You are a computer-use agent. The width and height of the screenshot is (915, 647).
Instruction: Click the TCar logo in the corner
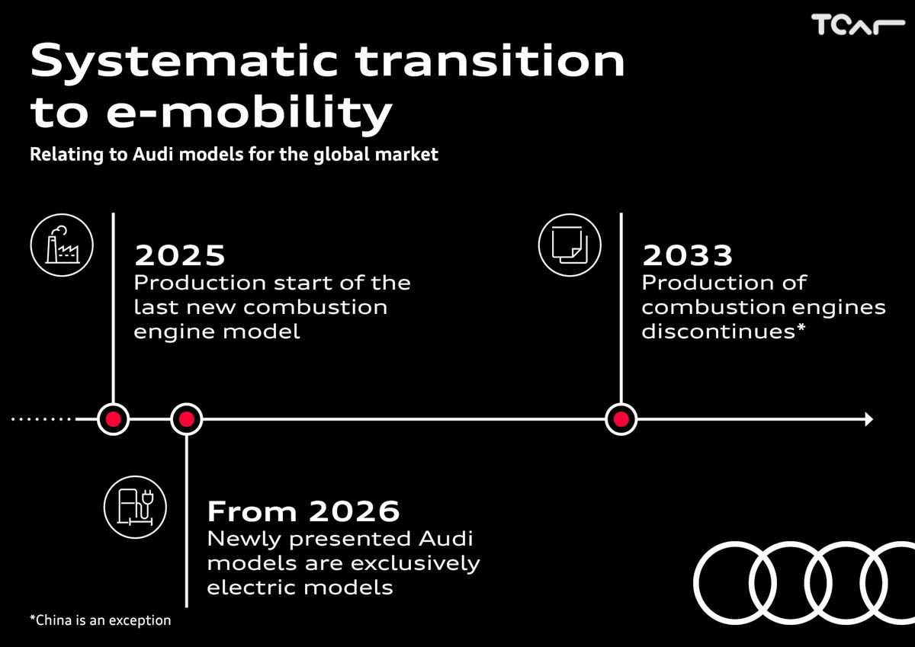coord(858,24)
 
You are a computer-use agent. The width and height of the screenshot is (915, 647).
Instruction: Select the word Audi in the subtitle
coord(153,154)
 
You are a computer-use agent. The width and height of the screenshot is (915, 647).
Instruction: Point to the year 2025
coord(180,255)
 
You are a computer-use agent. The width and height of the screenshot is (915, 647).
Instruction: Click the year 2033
coord(688,255)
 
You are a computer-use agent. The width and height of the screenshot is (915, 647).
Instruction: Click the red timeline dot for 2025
coord(113,419)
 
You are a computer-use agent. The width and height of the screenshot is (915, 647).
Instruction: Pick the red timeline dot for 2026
coord(186,419)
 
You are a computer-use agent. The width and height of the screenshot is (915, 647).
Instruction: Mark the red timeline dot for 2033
coord(621,419)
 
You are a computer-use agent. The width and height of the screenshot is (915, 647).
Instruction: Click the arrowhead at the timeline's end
coord(869,419)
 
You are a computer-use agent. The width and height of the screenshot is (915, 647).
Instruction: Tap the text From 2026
coord(303,511)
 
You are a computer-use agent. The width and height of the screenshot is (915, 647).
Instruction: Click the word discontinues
coord(718,331)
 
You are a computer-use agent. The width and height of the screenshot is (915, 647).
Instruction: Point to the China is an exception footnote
coord(101,620)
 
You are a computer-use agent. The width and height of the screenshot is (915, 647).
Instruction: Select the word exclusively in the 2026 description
coord(415,564)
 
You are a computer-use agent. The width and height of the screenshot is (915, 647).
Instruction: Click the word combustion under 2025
coord(315,307)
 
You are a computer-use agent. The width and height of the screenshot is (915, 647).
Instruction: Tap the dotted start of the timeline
coord(42,419)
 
